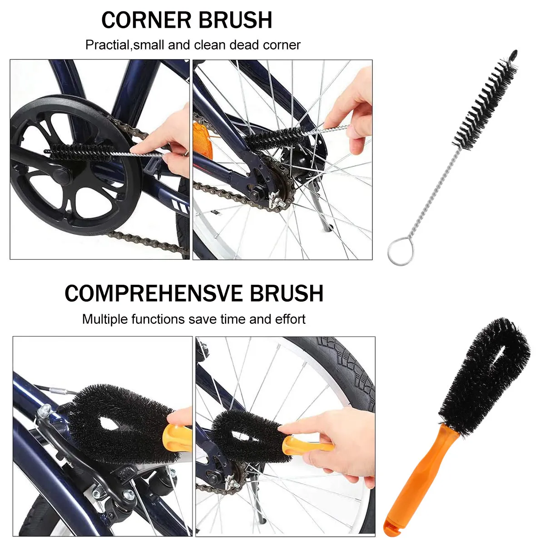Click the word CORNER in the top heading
click(146, 20)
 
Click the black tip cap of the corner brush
click(514, 54)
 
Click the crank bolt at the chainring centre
click(60, 175)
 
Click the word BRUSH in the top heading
click(235, 20)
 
